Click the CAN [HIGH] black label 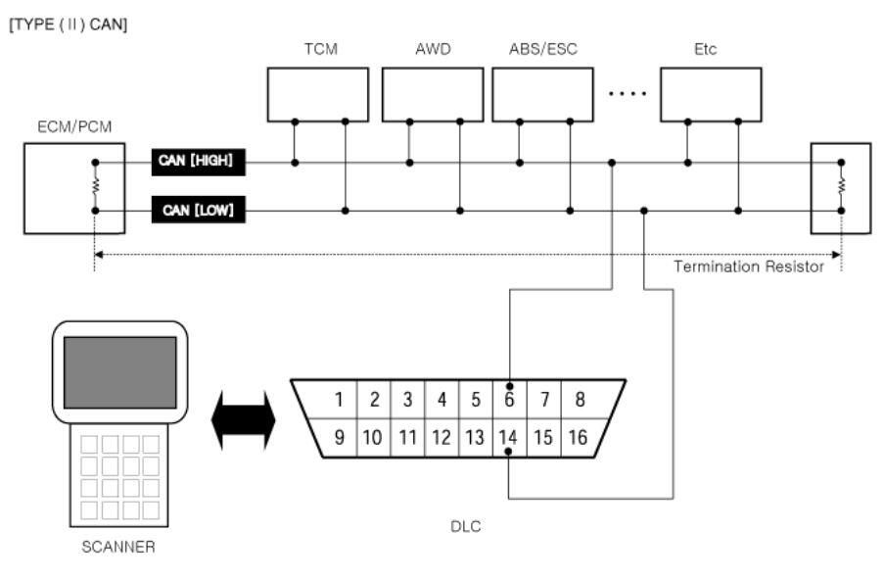(x=199, y=162)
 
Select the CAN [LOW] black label (x=199, y=210)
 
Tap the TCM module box (x=318, y=94)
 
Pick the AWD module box (x=433, y=94)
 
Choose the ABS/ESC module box (x=542, y=94)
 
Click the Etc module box (x=711, y=94)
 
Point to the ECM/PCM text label (x=74, y=126)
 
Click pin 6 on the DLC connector (x=510, y=400)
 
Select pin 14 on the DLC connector (x=508, y=437)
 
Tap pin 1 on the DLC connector (x=339, y=400)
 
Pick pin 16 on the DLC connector (x=578, y=437)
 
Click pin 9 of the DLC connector (x=339, y=437)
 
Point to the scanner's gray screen (x=120, y=372)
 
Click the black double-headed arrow (x=244, y=420)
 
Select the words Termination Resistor (x=749, y=266)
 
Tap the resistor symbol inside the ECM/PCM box (x=95, y=186)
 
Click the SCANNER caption (x=118, y=547)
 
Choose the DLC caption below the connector (x=466, y=526)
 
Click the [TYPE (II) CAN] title (x=69, y=24)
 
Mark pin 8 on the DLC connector (x=580, y=400)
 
